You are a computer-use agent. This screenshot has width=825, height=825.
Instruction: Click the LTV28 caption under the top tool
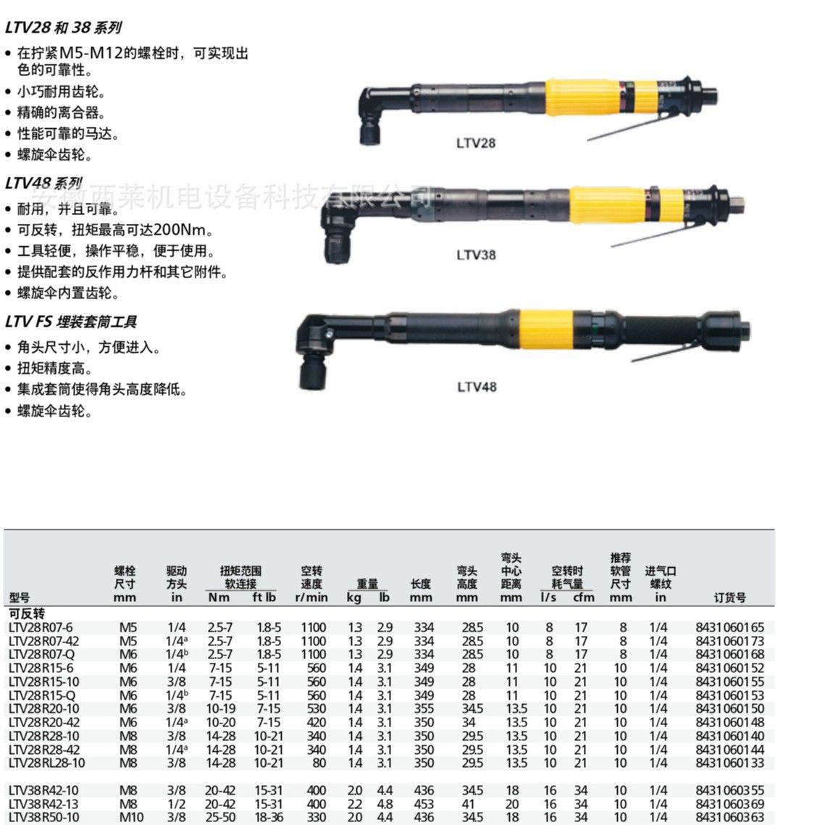476,143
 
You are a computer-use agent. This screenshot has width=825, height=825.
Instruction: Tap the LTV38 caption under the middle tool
476,255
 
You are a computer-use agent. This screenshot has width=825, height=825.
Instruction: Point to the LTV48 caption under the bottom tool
477,388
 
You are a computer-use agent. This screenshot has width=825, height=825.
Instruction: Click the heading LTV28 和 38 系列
64,28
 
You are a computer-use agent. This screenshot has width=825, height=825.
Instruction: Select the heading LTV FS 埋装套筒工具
71,322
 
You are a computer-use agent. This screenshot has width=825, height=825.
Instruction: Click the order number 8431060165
729,627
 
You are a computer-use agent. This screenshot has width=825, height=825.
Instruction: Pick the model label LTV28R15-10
43,682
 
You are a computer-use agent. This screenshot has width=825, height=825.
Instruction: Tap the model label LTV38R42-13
43,804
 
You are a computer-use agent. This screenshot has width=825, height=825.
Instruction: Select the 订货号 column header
730,598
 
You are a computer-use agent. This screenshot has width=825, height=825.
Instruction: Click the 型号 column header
20,598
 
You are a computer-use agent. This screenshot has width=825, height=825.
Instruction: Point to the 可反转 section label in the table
27,613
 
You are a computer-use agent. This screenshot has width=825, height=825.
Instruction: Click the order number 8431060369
729,804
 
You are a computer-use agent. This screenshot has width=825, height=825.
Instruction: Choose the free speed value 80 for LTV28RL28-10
319,763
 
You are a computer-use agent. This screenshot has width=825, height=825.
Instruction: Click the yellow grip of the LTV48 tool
546,330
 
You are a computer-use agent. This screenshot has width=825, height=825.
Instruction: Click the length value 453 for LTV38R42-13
424,804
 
